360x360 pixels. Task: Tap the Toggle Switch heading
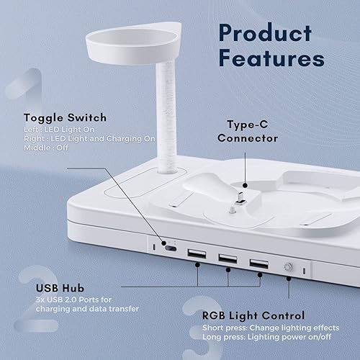pos(65,117)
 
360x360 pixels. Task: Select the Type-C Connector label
pos(248,131)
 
